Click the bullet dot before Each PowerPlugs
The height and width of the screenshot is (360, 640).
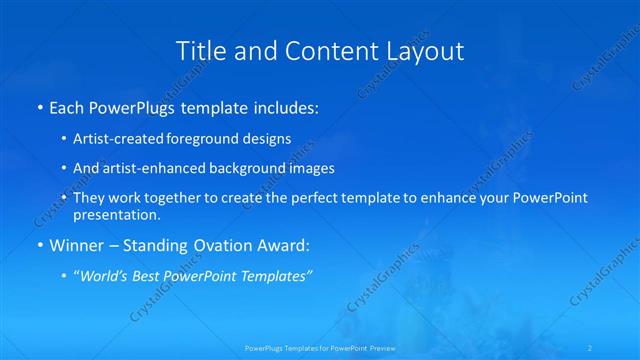tap(38, 106)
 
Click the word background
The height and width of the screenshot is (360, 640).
tap(245, 169)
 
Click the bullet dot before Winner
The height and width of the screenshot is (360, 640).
tap(38, 245)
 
